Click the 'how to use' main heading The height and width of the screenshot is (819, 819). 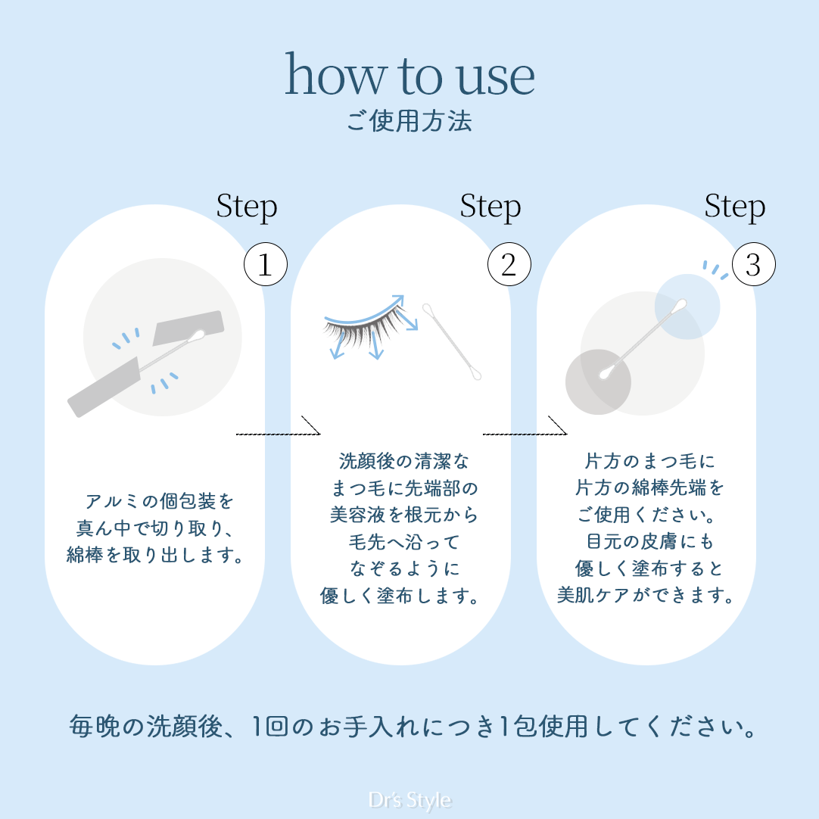409,76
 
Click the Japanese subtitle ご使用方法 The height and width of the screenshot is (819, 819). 409,121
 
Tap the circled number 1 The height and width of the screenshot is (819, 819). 265,265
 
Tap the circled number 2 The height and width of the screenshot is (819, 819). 509,265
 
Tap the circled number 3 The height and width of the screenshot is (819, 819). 753,265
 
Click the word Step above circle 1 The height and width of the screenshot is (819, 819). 247,207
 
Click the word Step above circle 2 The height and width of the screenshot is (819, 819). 490,207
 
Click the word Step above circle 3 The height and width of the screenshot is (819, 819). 735,207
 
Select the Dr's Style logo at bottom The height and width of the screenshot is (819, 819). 409,800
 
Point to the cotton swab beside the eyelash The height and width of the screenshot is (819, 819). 453,342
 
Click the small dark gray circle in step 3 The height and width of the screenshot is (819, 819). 598,381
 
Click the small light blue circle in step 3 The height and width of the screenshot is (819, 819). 687,306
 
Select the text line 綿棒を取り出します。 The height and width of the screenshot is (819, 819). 155,557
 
